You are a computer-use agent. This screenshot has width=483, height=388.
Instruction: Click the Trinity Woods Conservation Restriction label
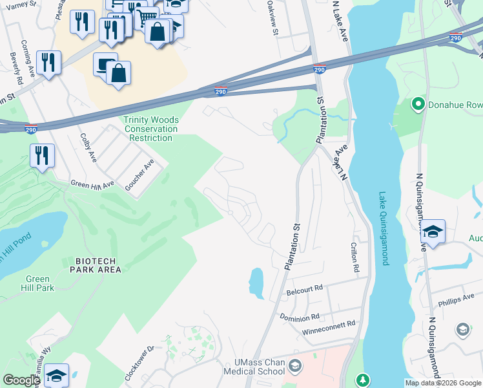pos(150,129)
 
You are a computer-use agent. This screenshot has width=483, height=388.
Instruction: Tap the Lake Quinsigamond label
pos(384,228)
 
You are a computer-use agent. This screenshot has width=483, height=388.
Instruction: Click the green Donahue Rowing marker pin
pos(418,103)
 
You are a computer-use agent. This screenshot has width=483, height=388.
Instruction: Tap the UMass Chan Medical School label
pos(254,367)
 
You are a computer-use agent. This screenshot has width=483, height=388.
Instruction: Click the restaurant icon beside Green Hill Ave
pos(42,156)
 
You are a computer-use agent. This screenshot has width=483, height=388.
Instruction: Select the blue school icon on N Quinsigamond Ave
pos(433,232)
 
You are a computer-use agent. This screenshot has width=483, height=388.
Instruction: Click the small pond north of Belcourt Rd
pos(256,283)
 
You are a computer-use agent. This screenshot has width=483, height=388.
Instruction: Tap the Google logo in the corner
pos(21,380)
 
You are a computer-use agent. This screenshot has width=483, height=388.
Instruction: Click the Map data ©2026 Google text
pos(443,383)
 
